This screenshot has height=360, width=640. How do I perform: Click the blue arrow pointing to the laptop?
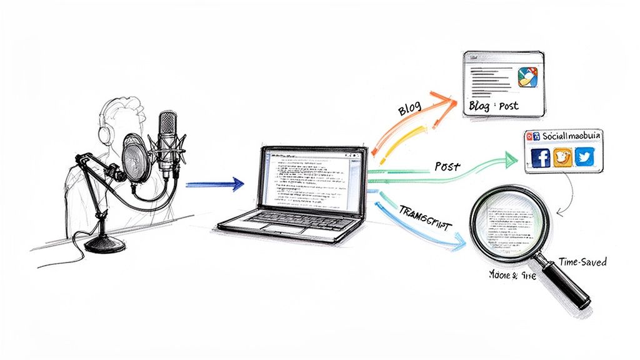[x=216, y=184]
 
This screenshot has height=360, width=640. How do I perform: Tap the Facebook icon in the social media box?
[x=541, y=157]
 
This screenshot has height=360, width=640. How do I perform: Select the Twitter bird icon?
[x=584, y=157]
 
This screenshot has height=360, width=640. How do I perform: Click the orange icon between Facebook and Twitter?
[x=562, y=157]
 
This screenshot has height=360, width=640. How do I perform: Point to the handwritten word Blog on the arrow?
[x=409, y=109]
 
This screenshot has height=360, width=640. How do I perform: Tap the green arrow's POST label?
[x=447, y=167]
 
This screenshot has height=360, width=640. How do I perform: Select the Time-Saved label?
[x=582, y=262]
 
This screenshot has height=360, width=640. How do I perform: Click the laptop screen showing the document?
[x=310, y=178]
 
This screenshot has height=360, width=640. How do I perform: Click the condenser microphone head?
[x=167, y=134]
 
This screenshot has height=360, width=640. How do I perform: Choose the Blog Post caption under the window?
[x=493, y=106]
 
